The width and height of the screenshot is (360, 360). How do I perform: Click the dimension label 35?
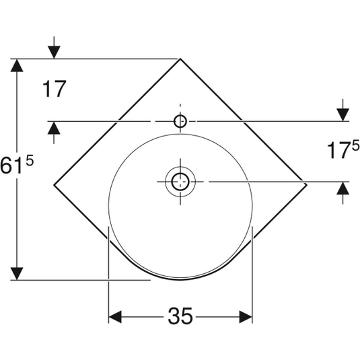(x=180, y=316)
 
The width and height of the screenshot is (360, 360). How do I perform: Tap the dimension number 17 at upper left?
(x=55, y=89)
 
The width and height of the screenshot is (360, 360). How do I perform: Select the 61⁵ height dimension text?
(x=17, y=164)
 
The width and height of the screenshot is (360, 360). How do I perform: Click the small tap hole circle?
(x=180, y=121)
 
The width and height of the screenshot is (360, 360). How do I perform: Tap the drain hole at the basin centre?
(x=180, y=182)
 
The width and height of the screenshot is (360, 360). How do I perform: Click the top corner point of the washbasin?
(x=180, y=59)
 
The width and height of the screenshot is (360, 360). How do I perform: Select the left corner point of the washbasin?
(x=54, y=185)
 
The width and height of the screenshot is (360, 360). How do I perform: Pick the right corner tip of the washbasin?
(x=307, y=184)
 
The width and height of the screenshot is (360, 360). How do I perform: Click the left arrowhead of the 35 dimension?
(x=115, y=317)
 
